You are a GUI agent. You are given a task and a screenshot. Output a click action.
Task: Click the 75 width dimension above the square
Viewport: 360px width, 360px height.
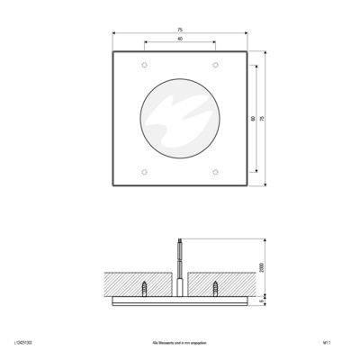[x=179, y=30]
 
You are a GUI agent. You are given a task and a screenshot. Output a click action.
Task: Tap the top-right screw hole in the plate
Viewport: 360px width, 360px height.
[x=214, y=67]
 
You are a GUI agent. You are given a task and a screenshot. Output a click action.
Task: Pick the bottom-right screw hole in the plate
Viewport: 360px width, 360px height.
[x=214, y=172]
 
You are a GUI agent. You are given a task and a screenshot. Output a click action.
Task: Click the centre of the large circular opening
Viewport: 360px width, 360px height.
[x=180, y=119]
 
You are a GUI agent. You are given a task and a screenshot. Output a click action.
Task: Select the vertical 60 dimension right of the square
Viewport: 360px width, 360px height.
[x=255, y=119]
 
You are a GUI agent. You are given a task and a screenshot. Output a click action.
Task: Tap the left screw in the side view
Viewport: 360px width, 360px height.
[x=145, y=287]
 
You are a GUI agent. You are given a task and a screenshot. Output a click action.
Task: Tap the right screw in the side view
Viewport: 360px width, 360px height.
[x=215, y=287]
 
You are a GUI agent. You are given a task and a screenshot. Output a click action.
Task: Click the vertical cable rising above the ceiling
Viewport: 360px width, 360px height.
[x=180, y=255]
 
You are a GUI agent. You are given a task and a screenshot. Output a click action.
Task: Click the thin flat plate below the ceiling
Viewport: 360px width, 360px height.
[x=180, y=303]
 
